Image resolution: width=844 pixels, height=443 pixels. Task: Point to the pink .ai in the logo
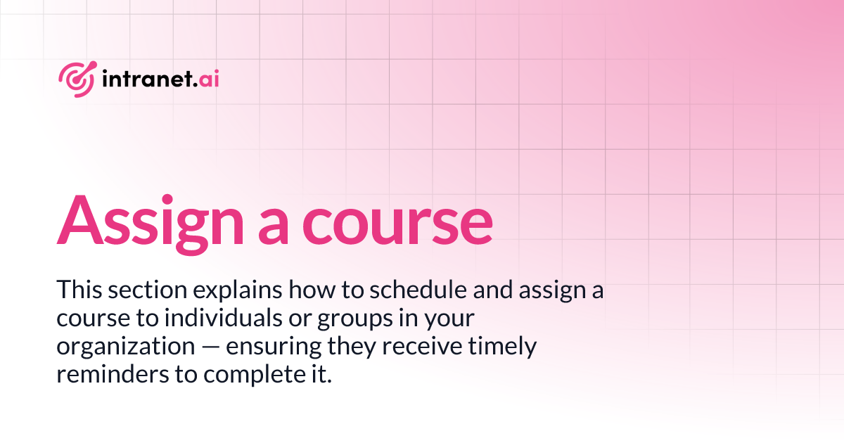(x=208, y=78)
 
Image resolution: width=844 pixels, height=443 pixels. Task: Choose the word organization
(x=112, y=347)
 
